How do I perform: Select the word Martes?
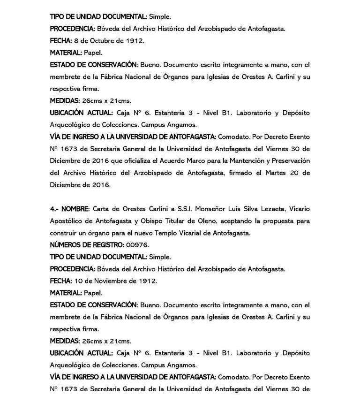pyautogui.click(x=272, y=173)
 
